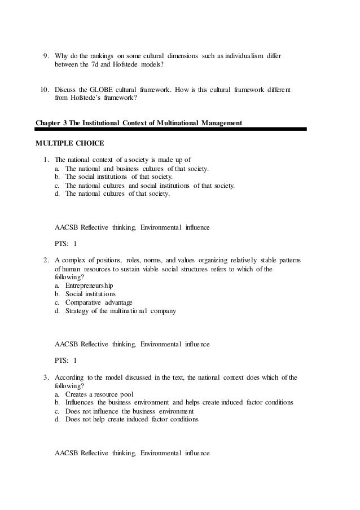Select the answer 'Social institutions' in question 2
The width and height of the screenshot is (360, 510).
90,294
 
